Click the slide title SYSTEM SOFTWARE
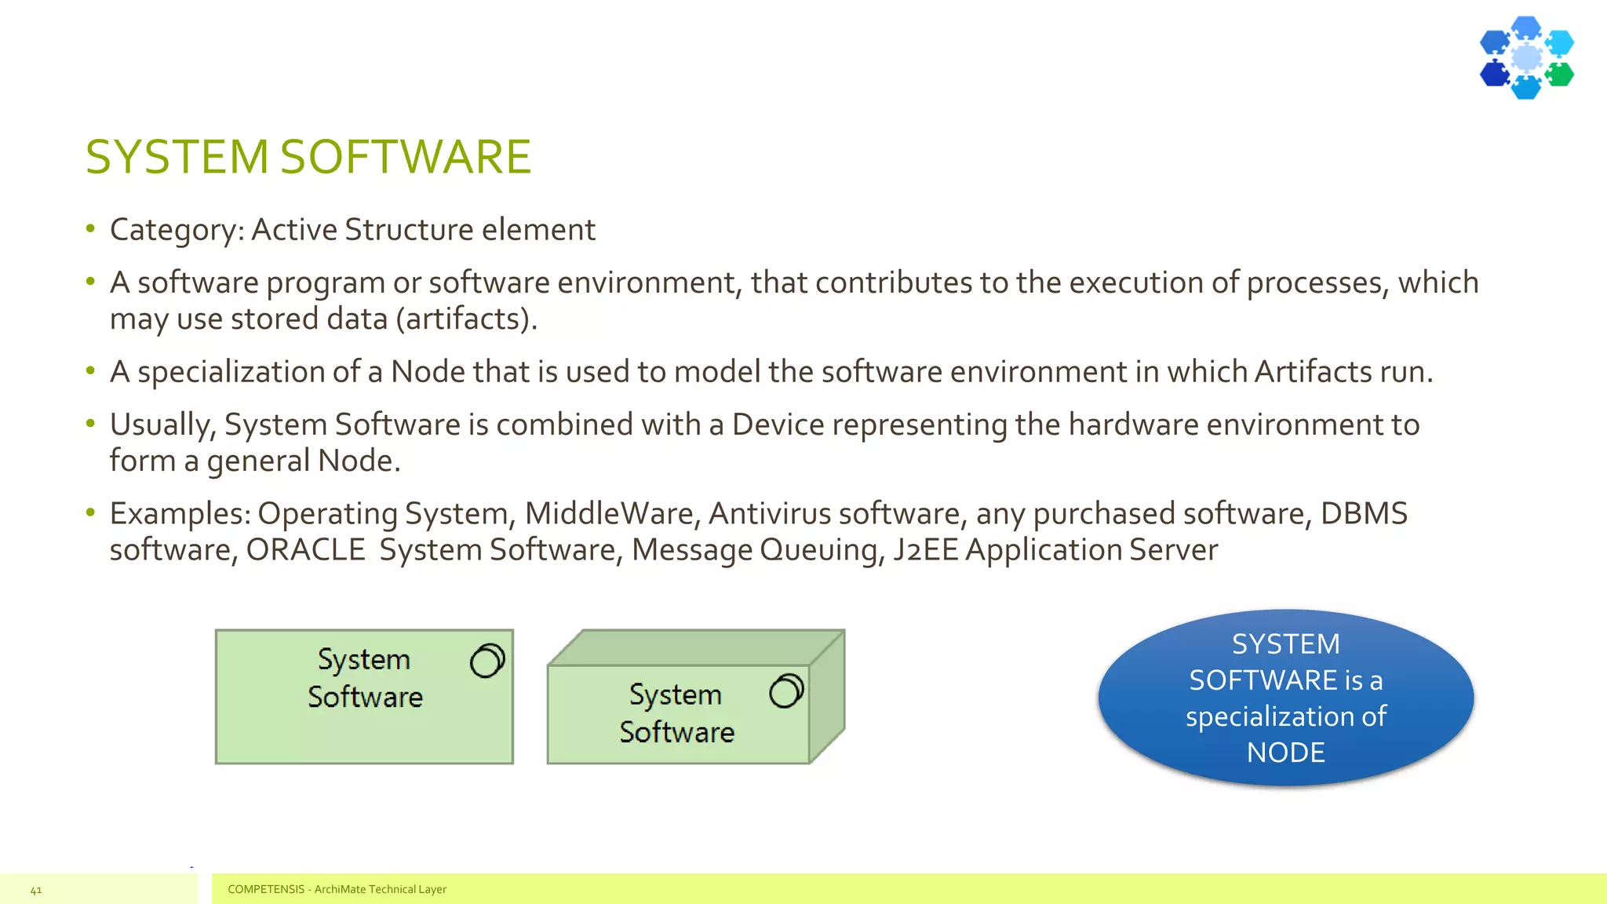click(308, 156)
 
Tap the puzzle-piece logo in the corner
click(1526, 57)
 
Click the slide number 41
click(36, 890)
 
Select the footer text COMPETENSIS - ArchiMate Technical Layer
click(337, 889)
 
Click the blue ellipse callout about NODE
click(1285, 697)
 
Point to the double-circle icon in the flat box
click(487, 660)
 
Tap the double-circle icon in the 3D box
click(786, 691)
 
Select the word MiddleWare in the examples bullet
click(609, 514)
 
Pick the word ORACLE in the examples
click(305, 550)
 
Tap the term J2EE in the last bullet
click(925, 550)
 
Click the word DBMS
click(1364, 514)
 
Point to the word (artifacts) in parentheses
click(466, 319)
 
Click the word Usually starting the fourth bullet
click(162, 425)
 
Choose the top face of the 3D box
click(695, 647)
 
